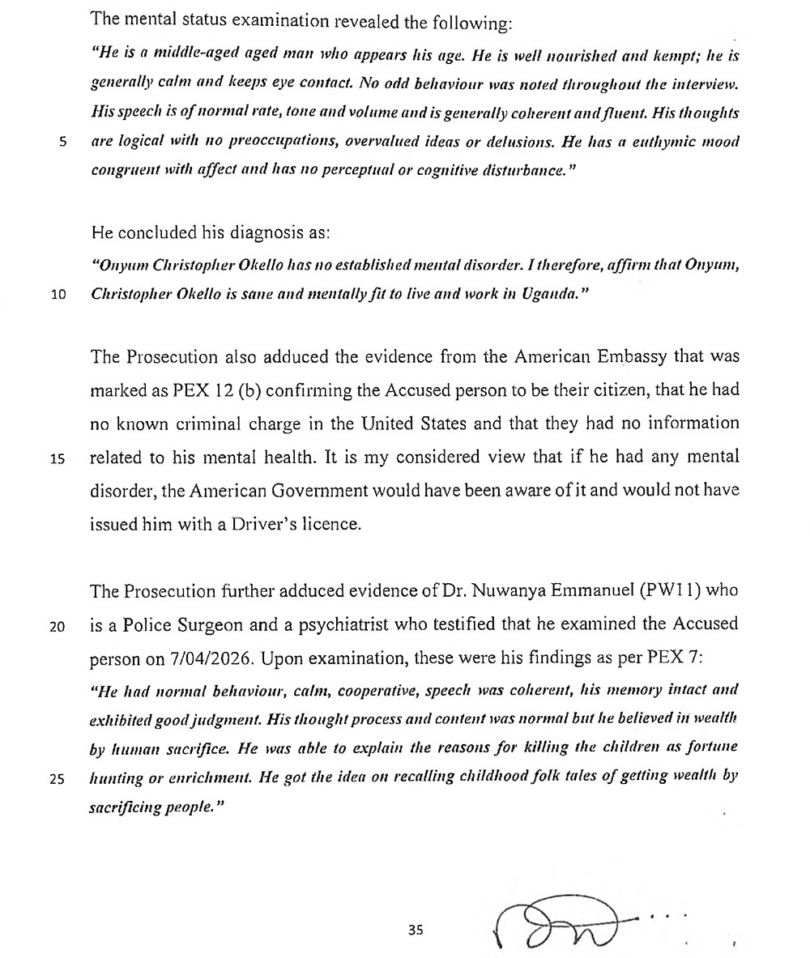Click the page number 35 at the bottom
416,930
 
